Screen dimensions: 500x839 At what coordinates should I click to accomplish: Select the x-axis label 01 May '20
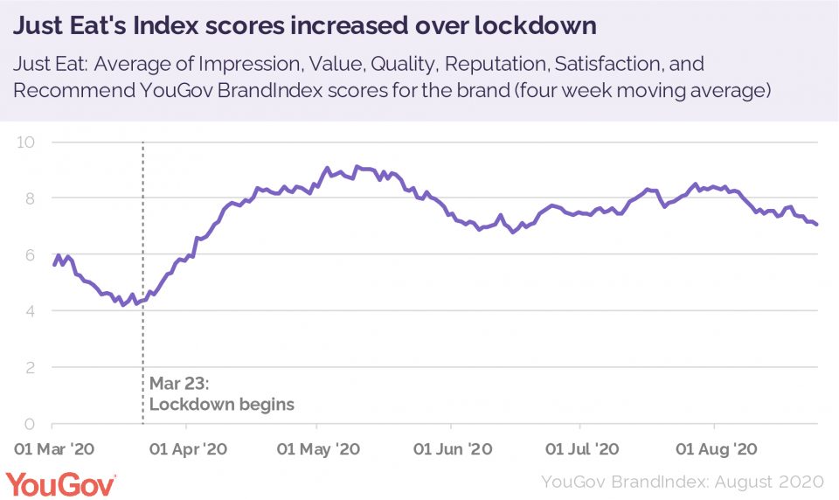[x=317, y=449]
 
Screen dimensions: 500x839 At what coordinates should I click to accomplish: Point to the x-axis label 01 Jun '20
[x=452, y=449]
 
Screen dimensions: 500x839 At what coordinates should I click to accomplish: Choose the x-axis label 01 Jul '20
[x=582, y=449]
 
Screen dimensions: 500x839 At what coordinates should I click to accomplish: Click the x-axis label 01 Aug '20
[x=717, y=449]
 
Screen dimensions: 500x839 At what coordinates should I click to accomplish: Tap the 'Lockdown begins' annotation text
[x=222, y=405]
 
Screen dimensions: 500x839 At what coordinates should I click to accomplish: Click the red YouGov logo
[x=60, y=483]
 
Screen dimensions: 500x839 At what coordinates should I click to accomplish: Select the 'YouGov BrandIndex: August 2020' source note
[x=683, y=482]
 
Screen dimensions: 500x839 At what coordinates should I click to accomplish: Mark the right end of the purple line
[x=817, y=225]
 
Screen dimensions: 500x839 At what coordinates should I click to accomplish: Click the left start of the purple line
[x=54, y=265]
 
